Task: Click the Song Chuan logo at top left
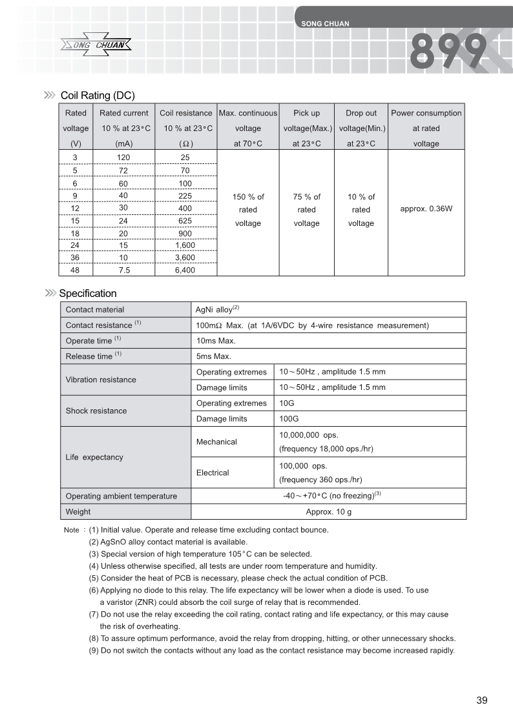[96, 45]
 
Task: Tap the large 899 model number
[449, 52]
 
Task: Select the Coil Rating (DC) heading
[97, 96]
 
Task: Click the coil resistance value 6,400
[185, 271]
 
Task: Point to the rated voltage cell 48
[76, 271]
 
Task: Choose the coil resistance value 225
[185, 196]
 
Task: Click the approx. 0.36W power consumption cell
[426, 209]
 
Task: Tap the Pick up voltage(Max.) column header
[306, 128]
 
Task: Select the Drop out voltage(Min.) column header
[361, 128]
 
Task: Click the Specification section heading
[88, 294]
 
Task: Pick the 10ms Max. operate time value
[216, 341]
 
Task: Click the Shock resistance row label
[96, 411]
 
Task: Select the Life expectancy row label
[94, 457]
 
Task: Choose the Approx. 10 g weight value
[328, 511]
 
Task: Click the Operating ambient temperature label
[121, 496]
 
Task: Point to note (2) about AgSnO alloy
[168, 542]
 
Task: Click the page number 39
[481, 700]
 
